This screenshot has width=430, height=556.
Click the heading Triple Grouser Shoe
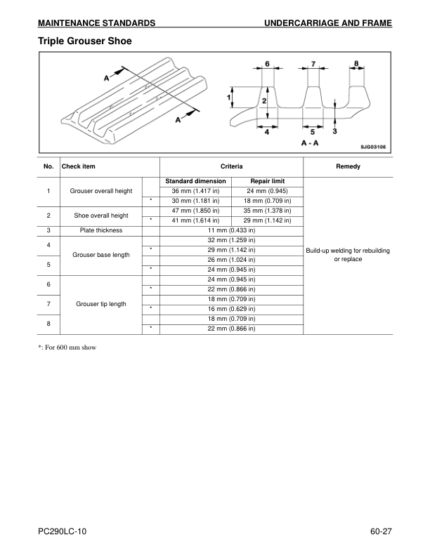tap(85, 41)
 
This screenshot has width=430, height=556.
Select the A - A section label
tap(310, 143)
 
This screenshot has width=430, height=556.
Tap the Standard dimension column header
tap(195, 181)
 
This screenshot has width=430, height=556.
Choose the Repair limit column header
tap(267, 181)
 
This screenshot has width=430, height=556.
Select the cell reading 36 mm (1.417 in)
tap(196, 191)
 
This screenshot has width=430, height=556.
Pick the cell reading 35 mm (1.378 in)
tap(267, 211)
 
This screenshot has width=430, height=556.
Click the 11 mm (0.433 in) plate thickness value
tap(231, 230)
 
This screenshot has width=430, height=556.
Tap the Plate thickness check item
tap(101, 230)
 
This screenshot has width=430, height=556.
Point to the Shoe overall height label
tap(101, 216)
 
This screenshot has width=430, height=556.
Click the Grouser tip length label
tap(101, 304)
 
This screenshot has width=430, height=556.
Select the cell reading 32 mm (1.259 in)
tap(231, 240)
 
